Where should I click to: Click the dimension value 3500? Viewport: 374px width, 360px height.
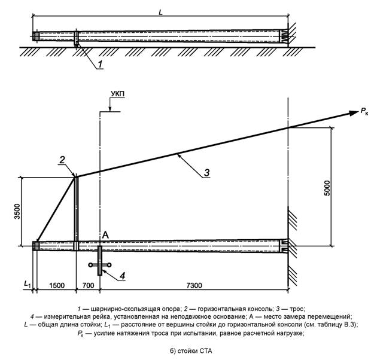(x=17, y=211)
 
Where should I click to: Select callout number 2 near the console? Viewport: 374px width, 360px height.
(x=62, y=159)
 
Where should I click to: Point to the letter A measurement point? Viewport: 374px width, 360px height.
(x=104, y=236)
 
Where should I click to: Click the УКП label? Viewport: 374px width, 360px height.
(x=117, y=94)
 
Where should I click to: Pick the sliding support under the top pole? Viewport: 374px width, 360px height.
(x=76, y=39)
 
